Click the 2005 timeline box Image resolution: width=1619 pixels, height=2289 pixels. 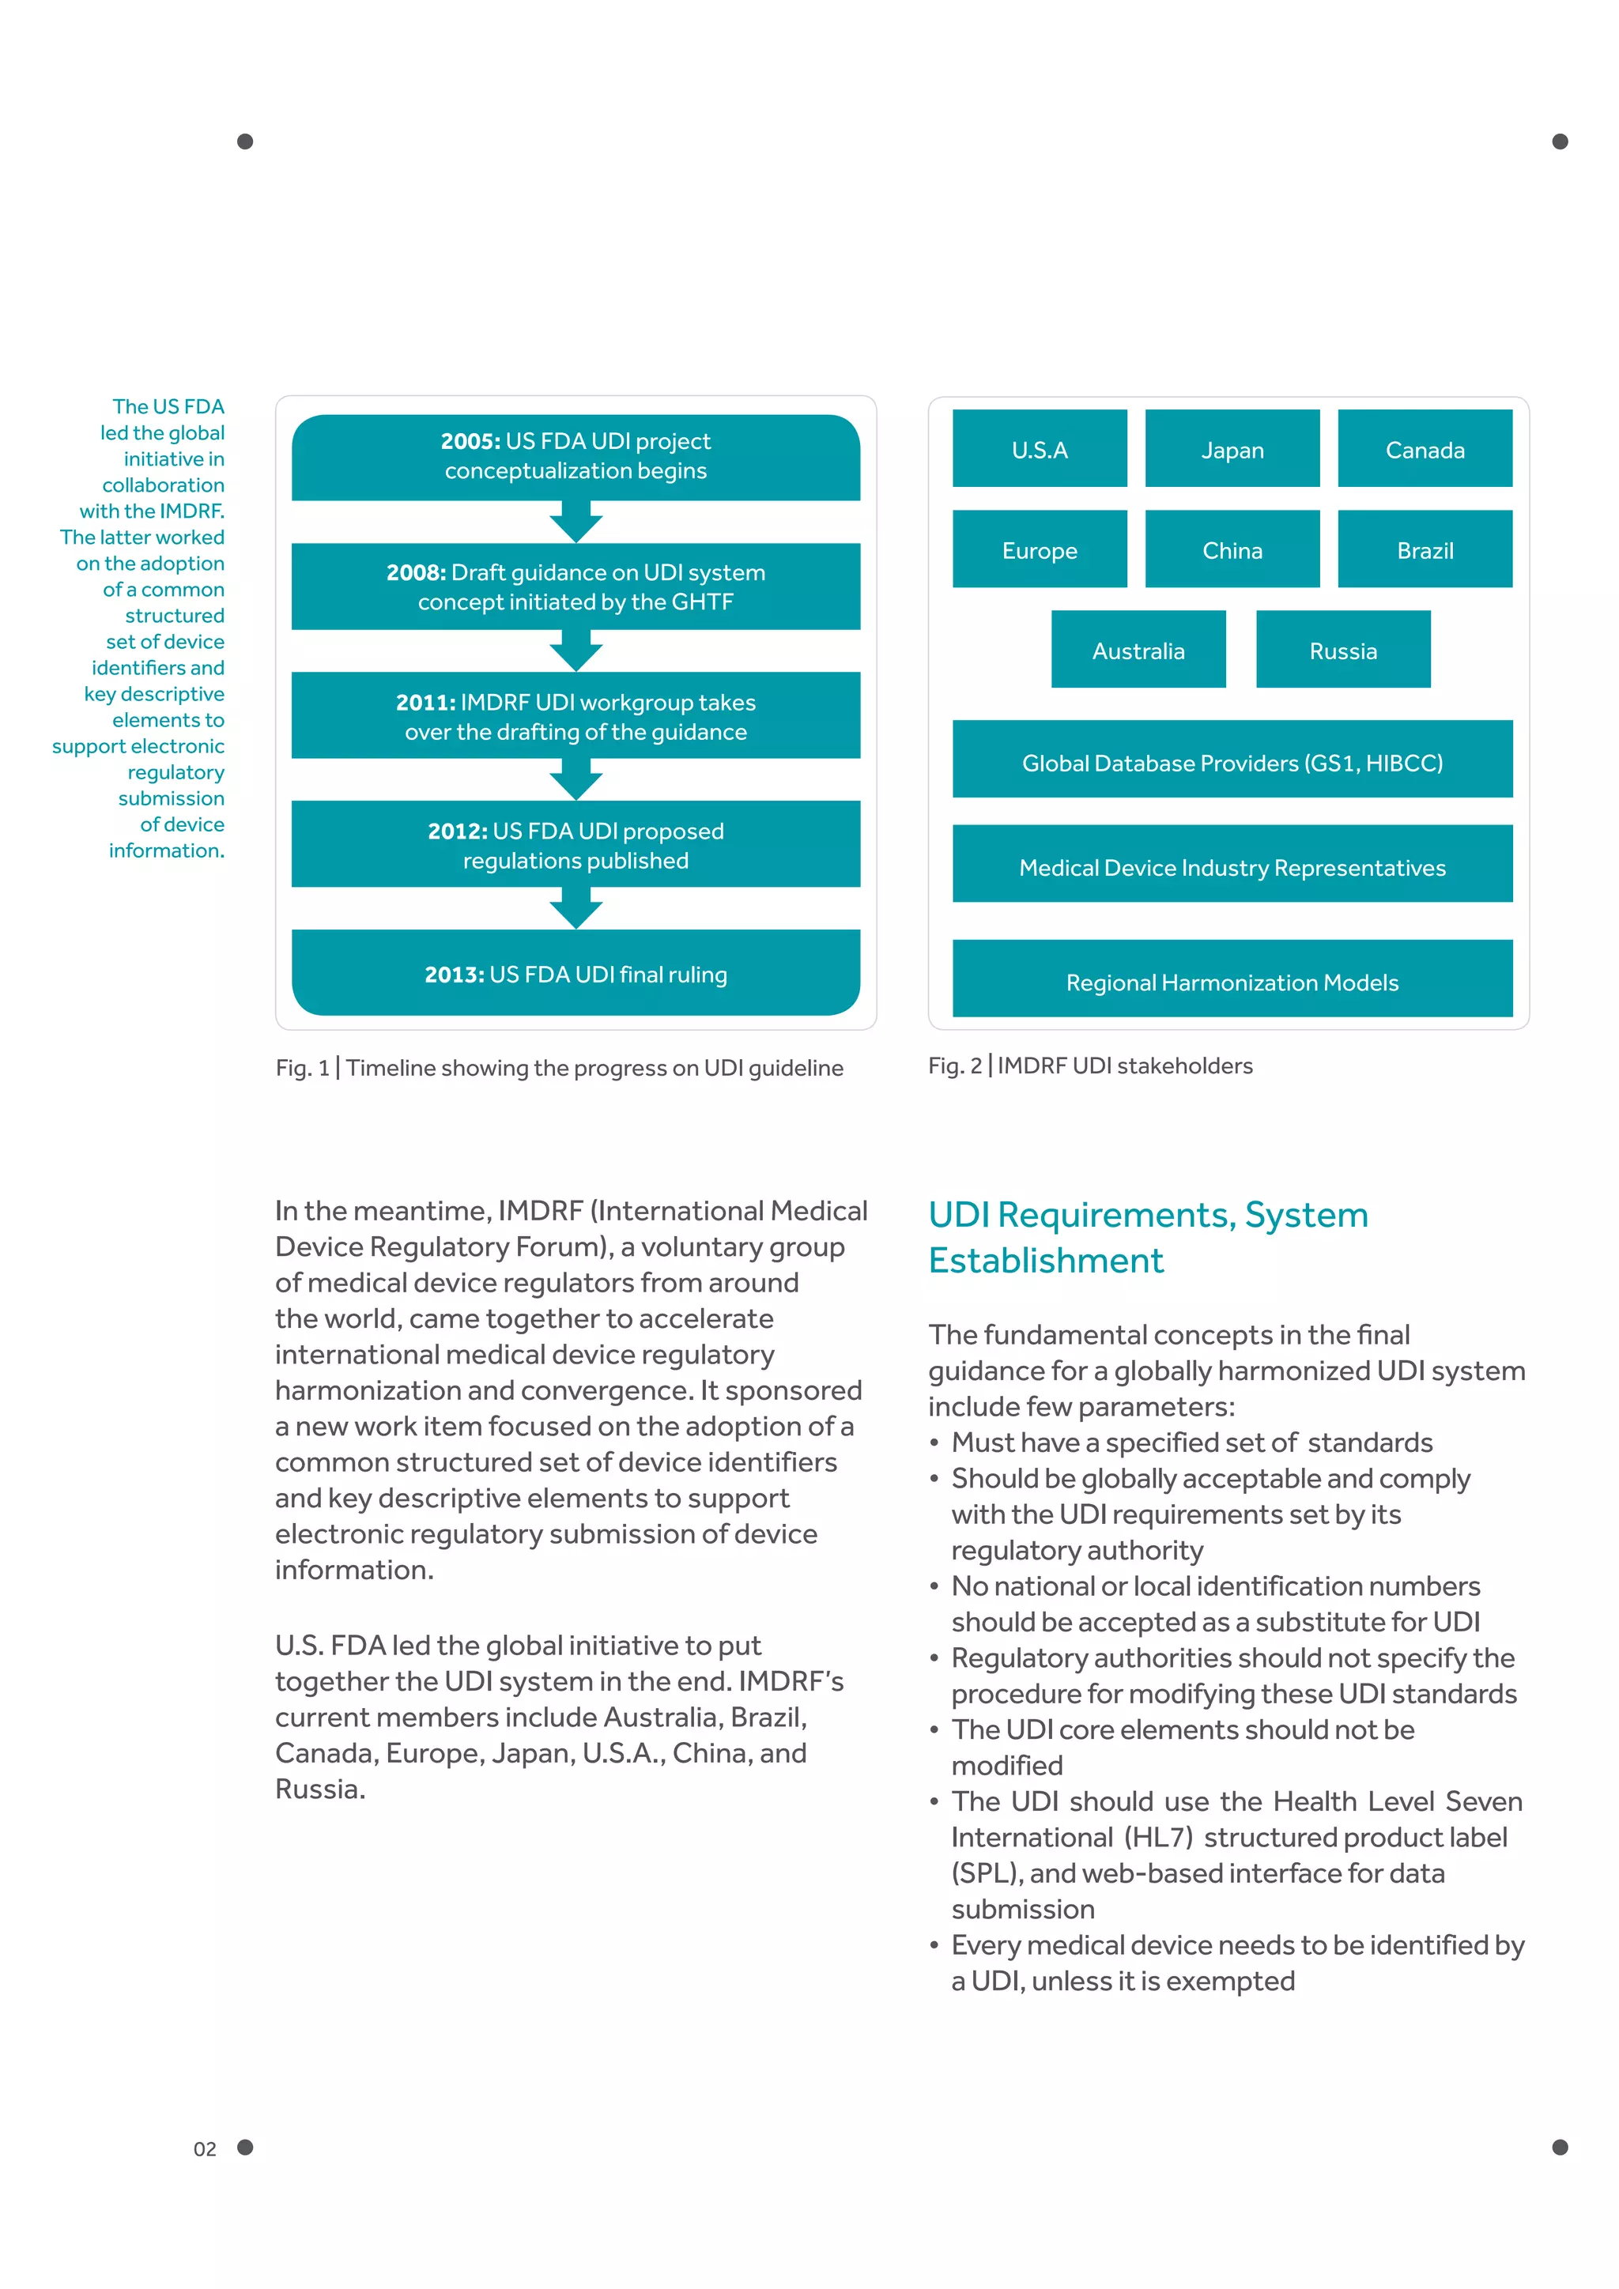pyautogui.click(x=576, y=457)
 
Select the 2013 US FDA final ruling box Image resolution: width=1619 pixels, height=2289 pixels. pyautogui.click(x=576, y=973)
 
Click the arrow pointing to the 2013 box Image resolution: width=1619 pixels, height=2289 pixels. pyautogui.click(x=576, y=908)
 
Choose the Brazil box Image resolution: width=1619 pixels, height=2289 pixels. pyautogui.click(x=1424, y=549)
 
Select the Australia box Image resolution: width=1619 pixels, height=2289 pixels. pyautogui.click(x=1138, y=650)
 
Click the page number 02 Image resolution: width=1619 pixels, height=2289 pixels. pyautogui.click(x=205, y=2148)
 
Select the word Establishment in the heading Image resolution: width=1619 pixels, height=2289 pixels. pyautogui.click(x=1045, y=1260)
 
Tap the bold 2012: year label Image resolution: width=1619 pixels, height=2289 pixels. pyautogui.click(x=458, y=831)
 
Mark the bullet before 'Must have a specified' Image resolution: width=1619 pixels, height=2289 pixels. pyautogui.click(x=934, y=1442)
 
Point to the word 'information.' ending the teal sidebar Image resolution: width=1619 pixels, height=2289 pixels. pyautogui.click(x=167, y=850)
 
